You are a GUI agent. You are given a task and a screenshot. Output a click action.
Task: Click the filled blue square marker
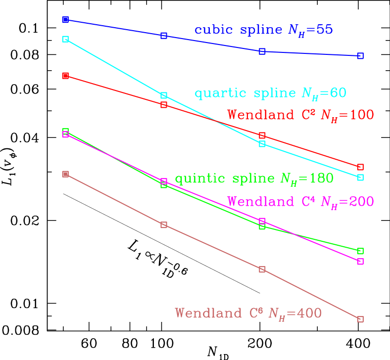[x=65, y=20]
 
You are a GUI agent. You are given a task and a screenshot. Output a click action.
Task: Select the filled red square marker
[x=65, y=76]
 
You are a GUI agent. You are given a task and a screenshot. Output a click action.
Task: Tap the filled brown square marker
[x=65, y=174]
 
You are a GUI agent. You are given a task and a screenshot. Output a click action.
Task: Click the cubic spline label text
[x=263, y=30]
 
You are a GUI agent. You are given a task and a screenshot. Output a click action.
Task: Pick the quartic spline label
[x=270, y=93]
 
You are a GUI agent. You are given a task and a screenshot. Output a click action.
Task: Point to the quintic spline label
[x=254, y=179]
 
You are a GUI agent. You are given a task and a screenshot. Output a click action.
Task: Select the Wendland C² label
[x=300, y=115]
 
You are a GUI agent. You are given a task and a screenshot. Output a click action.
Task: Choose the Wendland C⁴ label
[x=300, y=202]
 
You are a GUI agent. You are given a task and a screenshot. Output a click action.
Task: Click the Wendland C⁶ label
[x=248, y=314]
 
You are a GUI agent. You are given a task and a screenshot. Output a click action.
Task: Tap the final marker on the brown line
[x=360, y=319]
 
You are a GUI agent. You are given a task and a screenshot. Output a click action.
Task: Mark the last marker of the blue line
[x=360, y=56]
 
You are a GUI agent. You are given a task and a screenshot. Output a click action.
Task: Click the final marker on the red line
[x=360, y=167]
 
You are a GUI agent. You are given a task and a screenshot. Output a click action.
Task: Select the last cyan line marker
[x=360, y=177]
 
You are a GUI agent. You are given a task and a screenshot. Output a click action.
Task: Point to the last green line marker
[x=360, y=251]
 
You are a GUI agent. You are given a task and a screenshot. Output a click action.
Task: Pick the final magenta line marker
[x=360, y=261]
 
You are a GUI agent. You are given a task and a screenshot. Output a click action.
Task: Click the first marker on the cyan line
[x=65, y=39]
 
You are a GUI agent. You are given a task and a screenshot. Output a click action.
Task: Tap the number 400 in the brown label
[x=308, y=314]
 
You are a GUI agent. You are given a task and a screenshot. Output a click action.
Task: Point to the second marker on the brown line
[x=164, y=225]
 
